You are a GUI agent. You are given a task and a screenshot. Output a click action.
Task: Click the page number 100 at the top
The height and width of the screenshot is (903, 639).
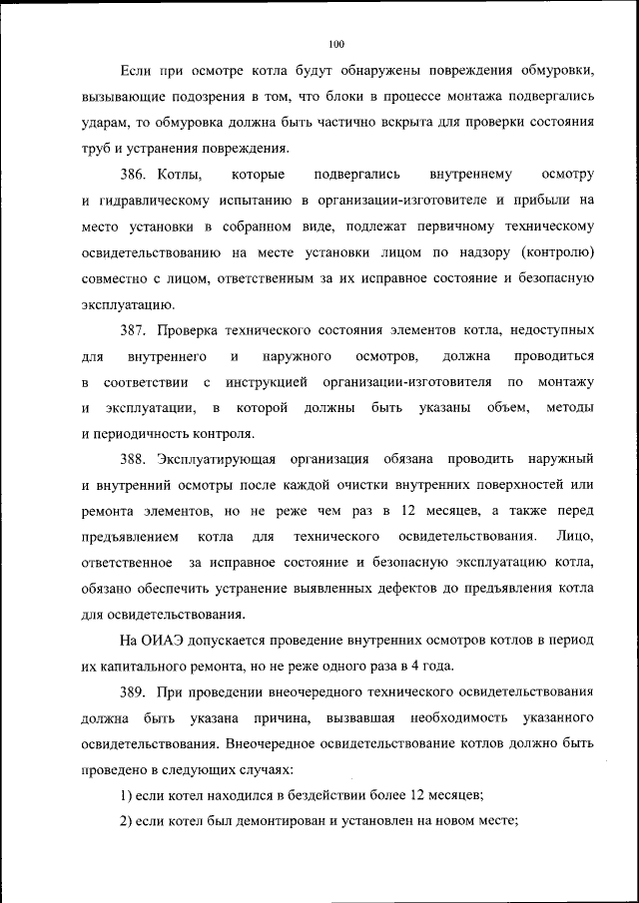pyautogui.click(x=335, y=43)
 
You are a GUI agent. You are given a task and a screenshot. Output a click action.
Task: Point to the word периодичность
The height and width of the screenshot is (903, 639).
pyautogui.click(x=140, y=433)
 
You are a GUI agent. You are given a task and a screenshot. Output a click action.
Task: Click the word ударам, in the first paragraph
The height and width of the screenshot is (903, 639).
pyautogui.click(x=107, y=123)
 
